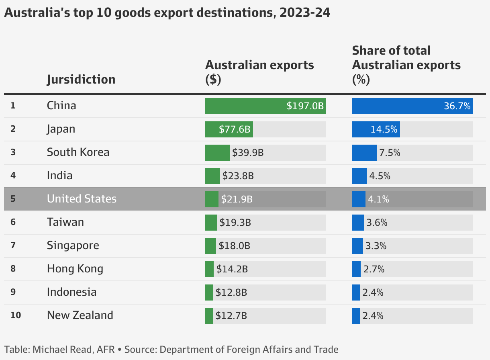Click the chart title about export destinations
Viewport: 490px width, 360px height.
pos(167,13)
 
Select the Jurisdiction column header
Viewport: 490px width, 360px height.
pos(81,79)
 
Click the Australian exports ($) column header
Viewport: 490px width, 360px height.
pos(259,72)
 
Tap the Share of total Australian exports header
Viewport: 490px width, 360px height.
pos(406,65)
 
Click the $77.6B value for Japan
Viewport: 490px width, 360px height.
pos(235,129)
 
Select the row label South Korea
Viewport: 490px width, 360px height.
pos(78,152)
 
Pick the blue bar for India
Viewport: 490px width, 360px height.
pos(359,176)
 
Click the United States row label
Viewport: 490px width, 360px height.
pos(82,199)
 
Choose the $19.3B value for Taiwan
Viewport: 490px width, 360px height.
pos(235,223)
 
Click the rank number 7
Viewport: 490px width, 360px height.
pos(13,245)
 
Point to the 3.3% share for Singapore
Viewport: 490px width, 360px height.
pos(376,246)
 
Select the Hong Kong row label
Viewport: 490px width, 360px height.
pos(75,269)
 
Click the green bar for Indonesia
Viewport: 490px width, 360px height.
pos(209,292)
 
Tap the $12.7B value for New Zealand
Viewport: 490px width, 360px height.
pos(231,316)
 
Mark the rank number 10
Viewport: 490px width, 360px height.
pos(16,315)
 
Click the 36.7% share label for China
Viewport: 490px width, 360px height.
pos(457,106)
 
